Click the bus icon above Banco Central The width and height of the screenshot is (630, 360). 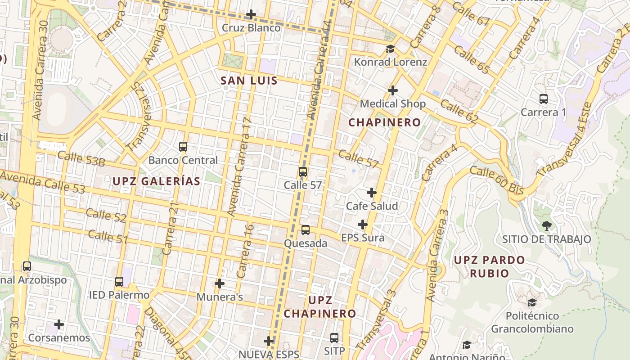(x=183, y=146)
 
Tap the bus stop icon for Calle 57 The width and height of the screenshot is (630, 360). (x=303, y=171)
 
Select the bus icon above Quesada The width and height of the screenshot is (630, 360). (x=306, y=230)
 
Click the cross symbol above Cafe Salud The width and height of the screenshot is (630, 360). (x=372, y=193)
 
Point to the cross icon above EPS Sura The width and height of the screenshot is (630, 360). (x=363, y=224)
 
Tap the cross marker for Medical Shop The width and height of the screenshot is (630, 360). (x=393, y=90)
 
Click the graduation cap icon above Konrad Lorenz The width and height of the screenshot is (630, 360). (x=390, y=49)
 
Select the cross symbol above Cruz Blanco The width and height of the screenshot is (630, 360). (x=251, y=14)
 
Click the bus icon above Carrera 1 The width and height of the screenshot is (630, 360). (x=544, y=99)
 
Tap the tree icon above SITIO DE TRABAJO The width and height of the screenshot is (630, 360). (x=547, y=225)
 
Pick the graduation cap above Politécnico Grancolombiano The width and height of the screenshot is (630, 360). (x=532, y=302)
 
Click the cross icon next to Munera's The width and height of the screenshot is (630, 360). (x=220, y=283)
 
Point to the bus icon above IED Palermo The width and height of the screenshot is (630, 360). (x=119, y=282)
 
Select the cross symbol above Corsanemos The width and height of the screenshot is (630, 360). (x=59, y=324)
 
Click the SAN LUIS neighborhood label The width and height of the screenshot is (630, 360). (x=249, y=81)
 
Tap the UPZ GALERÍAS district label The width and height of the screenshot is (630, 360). (x=156, y=181)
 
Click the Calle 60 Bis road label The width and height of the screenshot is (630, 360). (x=496, y=180)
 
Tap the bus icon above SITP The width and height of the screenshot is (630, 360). (x=334, y=337)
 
